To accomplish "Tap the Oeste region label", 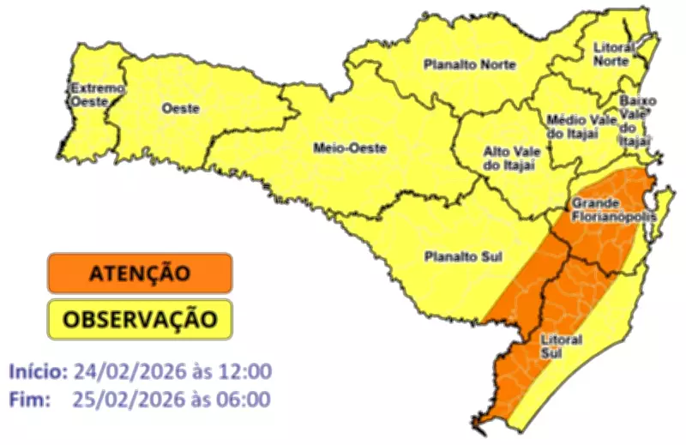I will pos(180,109).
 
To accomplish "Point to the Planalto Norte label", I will pos(469,64).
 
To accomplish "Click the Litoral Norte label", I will pos(613,53).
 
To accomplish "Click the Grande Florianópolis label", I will pos(612,210).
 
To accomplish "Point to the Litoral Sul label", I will pos(562,346).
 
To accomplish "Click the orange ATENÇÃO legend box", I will pos(140,274).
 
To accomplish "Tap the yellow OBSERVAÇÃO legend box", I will pos(140,319).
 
